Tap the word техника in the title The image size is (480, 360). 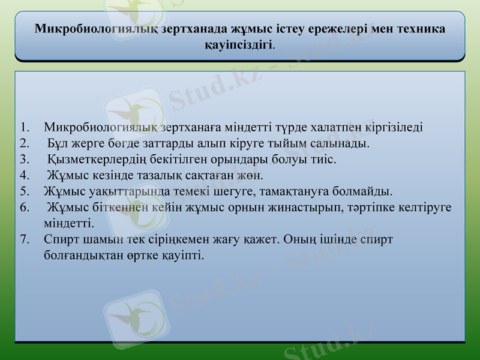click(416, 29)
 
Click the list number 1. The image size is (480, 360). click(23, 128)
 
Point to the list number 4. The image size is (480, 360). click(23, 176)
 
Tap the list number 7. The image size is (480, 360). click(23, 239)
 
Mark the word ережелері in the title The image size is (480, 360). click(337, 29)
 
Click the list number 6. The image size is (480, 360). click(23, 208)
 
